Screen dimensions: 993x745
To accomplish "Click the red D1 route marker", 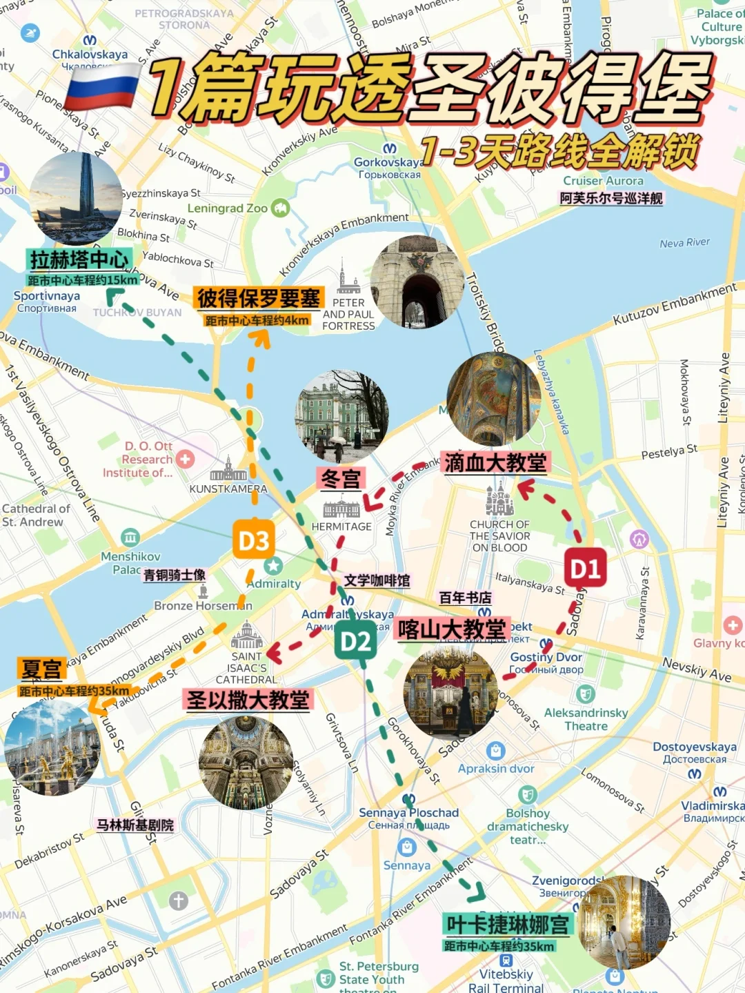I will [585, 568].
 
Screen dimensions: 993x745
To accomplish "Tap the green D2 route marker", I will [355, 642].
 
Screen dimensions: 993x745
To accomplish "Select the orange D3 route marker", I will [253, 541].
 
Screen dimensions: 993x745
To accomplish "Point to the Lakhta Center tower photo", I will [76, 198].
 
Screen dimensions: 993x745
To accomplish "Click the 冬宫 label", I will [341, 478].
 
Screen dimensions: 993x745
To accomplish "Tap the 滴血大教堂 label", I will [495, 462].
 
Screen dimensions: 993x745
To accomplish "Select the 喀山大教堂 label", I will [452, 629].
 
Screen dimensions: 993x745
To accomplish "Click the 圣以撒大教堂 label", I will [248, 700].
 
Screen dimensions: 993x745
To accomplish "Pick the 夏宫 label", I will [42, 669].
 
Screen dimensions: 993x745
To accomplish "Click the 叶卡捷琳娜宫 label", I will [508, 925].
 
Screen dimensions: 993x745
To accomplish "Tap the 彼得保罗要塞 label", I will [258, 298].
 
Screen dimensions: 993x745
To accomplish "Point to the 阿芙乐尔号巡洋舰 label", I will [611, 199].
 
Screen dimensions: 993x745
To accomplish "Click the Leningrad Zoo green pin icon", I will [280, 207].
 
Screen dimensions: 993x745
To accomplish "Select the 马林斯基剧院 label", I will [135, 825].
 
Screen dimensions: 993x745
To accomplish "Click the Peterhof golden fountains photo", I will [52, 747].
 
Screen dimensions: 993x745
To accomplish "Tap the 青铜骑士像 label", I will [175, 575].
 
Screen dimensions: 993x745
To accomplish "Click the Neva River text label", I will [684, 243].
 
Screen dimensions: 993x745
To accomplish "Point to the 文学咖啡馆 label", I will [377, 580].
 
